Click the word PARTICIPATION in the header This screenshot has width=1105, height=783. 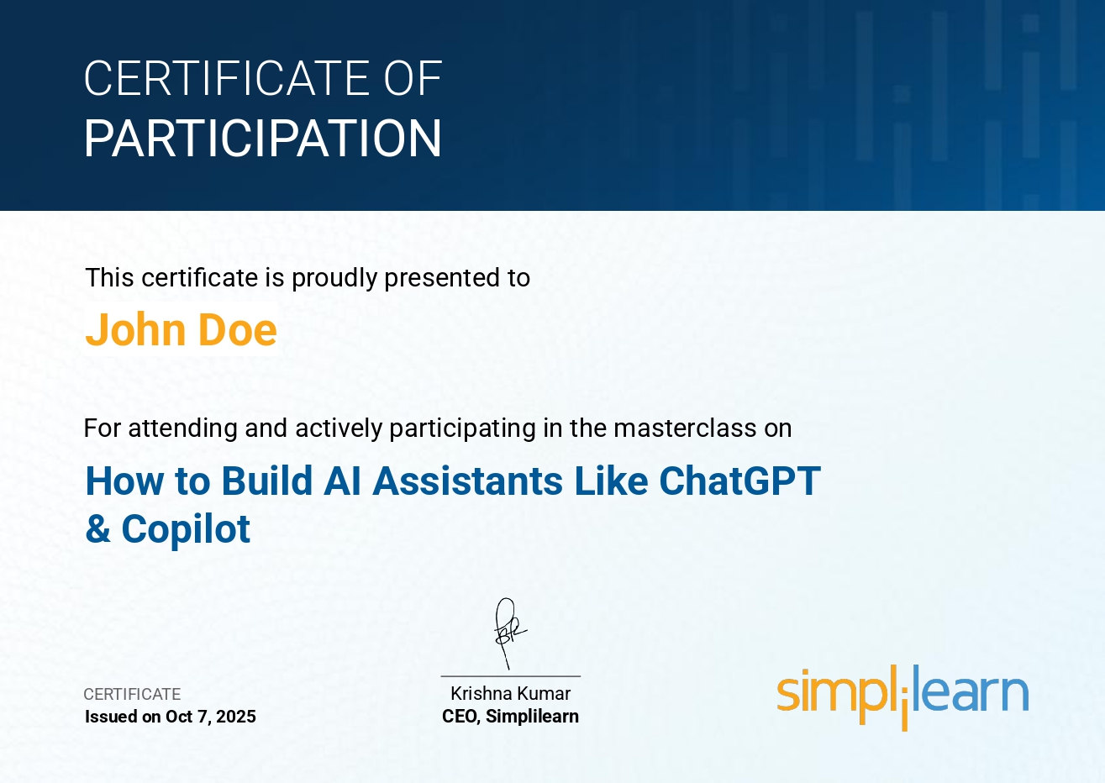[263, 138]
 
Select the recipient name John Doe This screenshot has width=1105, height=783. [181, 329]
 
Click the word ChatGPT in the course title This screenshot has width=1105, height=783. [740, 481]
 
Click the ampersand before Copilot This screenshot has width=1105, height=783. [97, 528]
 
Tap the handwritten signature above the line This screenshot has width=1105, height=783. [510, 633]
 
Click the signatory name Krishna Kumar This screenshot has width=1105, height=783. [511, 693]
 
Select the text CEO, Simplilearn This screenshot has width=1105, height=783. [511, 717]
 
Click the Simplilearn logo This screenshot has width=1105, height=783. [903, 696]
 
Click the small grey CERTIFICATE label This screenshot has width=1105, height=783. [132, 694]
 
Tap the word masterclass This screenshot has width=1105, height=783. [685, 428]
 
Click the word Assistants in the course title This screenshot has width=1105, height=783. [468, 481]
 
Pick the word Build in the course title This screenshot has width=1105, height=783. [267, 481]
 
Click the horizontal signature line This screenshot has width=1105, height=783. [511, 676]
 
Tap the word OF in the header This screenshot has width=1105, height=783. [413, 78]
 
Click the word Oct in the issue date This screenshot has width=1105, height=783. [179, 717]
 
